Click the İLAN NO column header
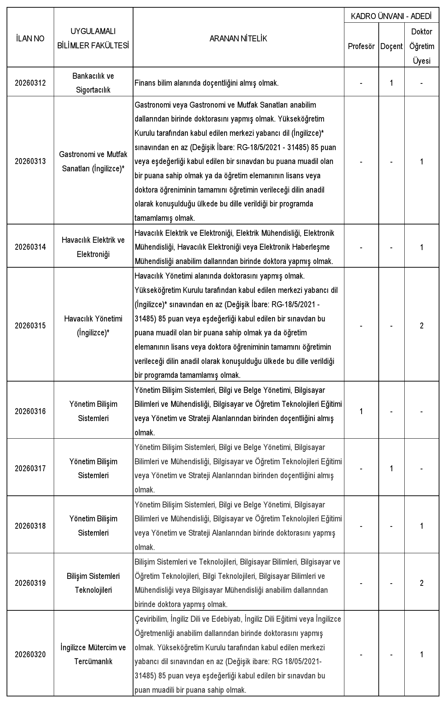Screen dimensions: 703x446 click(30, 38)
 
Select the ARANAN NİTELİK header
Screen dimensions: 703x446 click(238, 38)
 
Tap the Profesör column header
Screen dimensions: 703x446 click(361, 47)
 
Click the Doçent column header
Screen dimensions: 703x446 click(391, 47)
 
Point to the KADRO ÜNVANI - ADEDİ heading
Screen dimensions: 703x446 click(391, 16)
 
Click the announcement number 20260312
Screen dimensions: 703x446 click(30, 83)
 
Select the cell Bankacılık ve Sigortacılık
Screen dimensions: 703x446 click(93, 83)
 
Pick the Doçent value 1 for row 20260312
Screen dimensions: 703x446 click(392, 83)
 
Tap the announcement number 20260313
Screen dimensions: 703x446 click(30, 161)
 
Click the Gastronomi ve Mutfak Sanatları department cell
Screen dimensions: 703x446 click(93, 161)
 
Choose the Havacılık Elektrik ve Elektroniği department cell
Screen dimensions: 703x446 click(93, 247)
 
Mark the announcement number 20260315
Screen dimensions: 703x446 click(30, 326)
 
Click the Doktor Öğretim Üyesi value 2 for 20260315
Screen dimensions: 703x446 click(422, 326)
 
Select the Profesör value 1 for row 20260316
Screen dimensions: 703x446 click(361, 411)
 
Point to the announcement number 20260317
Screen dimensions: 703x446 click(30, 469)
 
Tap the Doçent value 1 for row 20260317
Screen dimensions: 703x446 click(392, 469)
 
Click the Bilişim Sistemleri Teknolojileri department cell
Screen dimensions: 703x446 click(93, 583)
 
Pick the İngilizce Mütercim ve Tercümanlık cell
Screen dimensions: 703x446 click(93, 654)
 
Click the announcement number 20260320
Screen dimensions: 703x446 click(30, 654)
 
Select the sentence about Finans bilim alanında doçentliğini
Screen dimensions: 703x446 click(207, 83)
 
